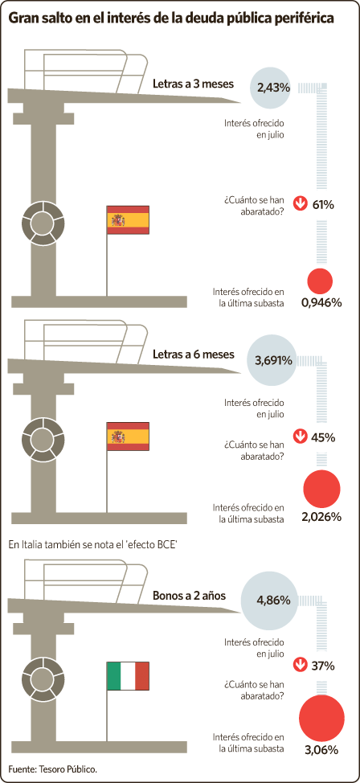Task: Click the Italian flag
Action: pyautogui.click(x=128, y=676)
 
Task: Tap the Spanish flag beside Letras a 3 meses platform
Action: pyautogui.click(x=128, y=219)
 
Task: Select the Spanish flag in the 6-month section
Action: pyautogui.click(x=128, y=437)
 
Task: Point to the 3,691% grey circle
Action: pyautogui.click(x=272, y=360)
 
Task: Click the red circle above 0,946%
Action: pyautogui.click(x=319, y=281)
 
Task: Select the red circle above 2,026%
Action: pyautogui.click(x=321, y=489)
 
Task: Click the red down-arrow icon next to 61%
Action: pyautogui.click(x=300, y=203)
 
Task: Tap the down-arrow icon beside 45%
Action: pyautogui.click(x=300, y=437)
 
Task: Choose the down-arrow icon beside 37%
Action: pyautogui.click(x=300, y=665)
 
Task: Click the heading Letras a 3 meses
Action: pyautogui.click(x=193, y=84)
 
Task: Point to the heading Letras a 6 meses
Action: pyautogui.click(x=193, y=355)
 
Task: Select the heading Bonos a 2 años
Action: pyautogui.click(x=189, y=596)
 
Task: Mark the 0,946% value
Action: pyautogui.click(x=321, y=302)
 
